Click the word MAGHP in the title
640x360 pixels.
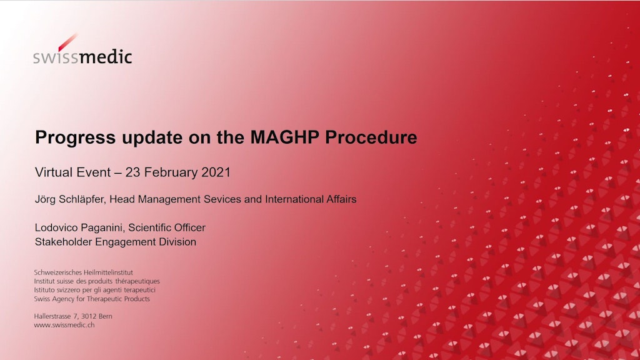click(x=284, y=137)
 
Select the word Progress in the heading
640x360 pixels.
click(x=76, y=138)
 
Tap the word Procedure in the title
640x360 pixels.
click(x=371, y=137)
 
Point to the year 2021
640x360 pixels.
click(x=216, y=172)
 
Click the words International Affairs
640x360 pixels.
click(x=311, y=199)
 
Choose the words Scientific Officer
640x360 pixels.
click(x=167, y=227)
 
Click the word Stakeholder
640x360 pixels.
click(x=63, y=242)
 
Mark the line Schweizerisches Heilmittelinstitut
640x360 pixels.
click(x=83, y=272)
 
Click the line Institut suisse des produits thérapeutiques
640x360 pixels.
click(x=97, y=281)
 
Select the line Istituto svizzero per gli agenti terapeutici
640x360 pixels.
click(x=95, y=290)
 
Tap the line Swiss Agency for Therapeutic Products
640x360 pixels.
click(x=92, y=299)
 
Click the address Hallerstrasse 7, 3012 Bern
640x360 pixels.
click(x=73, y=316)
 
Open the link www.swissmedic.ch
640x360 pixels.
click(x=64, y=325)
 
